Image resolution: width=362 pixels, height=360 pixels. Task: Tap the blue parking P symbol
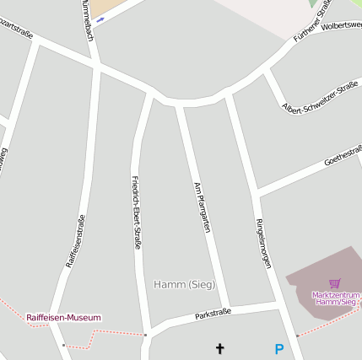coord(278,348)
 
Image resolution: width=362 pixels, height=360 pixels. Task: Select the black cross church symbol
coord(221,347)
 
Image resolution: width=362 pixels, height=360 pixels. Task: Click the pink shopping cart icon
coord(335,283)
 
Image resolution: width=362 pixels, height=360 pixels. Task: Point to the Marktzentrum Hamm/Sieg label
coord(335,298)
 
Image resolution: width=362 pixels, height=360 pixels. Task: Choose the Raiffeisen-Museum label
coord(63,318)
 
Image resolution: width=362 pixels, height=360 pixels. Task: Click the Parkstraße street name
coord(213,314)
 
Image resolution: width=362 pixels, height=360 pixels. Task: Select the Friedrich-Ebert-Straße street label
coord(136,212)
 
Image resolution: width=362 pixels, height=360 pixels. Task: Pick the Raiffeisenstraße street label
coord(75,241)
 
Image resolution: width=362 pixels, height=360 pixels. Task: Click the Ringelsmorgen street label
coord(262,244)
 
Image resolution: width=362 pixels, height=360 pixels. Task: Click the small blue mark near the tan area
coord(100,19)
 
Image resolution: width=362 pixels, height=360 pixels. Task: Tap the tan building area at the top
coord(105,7)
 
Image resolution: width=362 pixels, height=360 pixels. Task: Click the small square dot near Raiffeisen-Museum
coord(63,344)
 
